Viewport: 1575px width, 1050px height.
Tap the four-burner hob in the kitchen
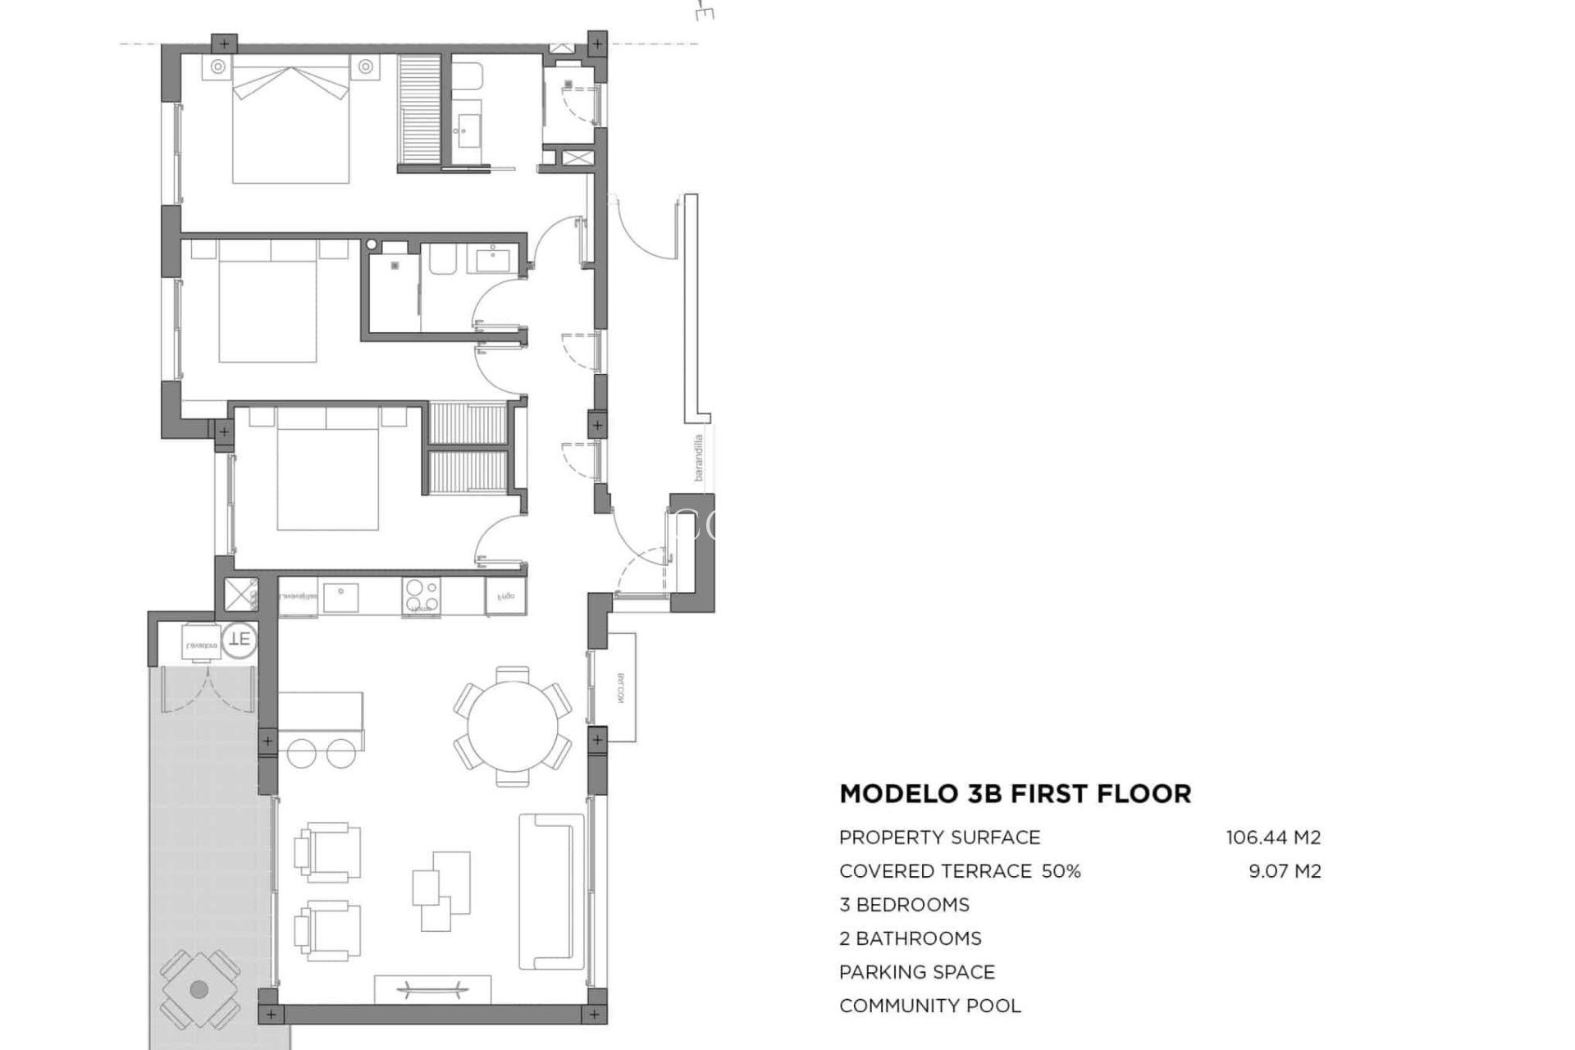(x=421, y=596)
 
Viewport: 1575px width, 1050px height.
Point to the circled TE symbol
(x=240, y=638)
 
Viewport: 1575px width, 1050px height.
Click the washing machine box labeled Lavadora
(x=201, y=641)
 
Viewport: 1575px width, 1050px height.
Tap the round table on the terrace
(x=199, y=989)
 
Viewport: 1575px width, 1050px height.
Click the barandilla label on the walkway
(x=699, y=457)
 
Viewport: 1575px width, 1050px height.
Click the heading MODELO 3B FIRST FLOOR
(x=1015, y=793)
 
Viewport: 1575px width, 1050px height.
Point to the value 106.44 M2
(x=1273, y=838)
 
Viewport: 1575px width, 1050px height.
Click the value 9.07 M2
(x=1285, y=871)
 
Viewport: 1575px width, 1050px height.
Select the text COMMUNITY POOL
(x=929, y=1006)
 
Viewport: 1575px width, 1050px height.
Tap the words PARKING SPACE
(x=916, y=972)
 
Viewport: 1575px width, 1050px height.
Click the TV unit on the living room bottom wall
(x=432, y=988)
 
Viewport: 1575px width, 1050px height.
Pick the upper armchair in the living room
(x=328, y=853)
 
